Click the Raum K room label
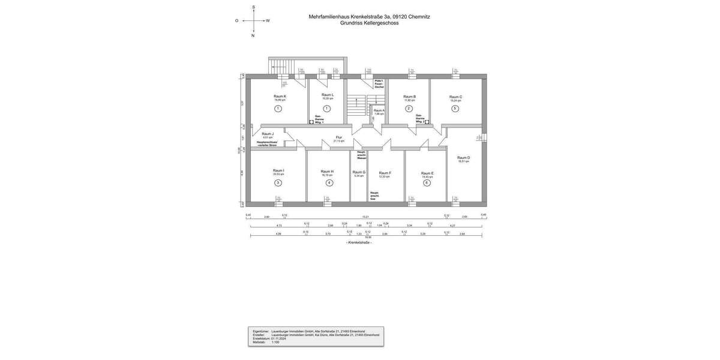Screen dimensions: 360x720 (x=280, y=97)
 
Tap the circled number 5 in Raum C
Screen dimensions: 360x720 (x=455, y=109)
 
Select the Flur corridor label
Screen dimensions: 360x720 (x=339, y=137)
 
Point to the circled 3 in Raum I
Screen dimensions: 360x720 (x=278, y=182)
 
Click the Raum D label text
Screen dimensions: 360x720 (x=463, y=158)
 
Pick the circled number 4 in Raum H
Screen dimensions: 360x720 (x=329, y=182)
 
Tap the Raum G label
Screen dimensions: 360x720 (x=359, y=172)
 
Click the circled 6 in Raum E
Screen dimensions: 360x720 (x=427, y=182)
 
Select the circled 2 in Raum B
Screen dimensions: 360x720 (x=409, y=109)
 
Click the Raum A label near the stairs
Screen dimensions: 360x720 (x=379, y=110)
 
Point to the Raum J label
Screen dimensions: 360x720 (x=268, y=134)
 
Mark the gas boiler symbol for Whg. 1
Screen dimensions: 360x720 (x=311, y=122)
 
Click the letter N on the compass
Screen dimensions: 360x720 (x=253, y=35)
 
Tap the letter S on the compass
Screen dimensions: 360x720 (x=253, y=7)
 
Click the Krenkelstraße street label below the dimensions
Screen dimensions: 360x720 (x=359, y=242)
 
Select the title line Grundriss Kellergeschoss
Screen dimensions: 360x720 (x=368, y=23)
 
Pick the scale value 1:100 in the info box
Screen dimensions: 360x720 (x=275, y=342)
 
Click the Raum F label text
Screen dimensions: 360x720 (x=385, y=173)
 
